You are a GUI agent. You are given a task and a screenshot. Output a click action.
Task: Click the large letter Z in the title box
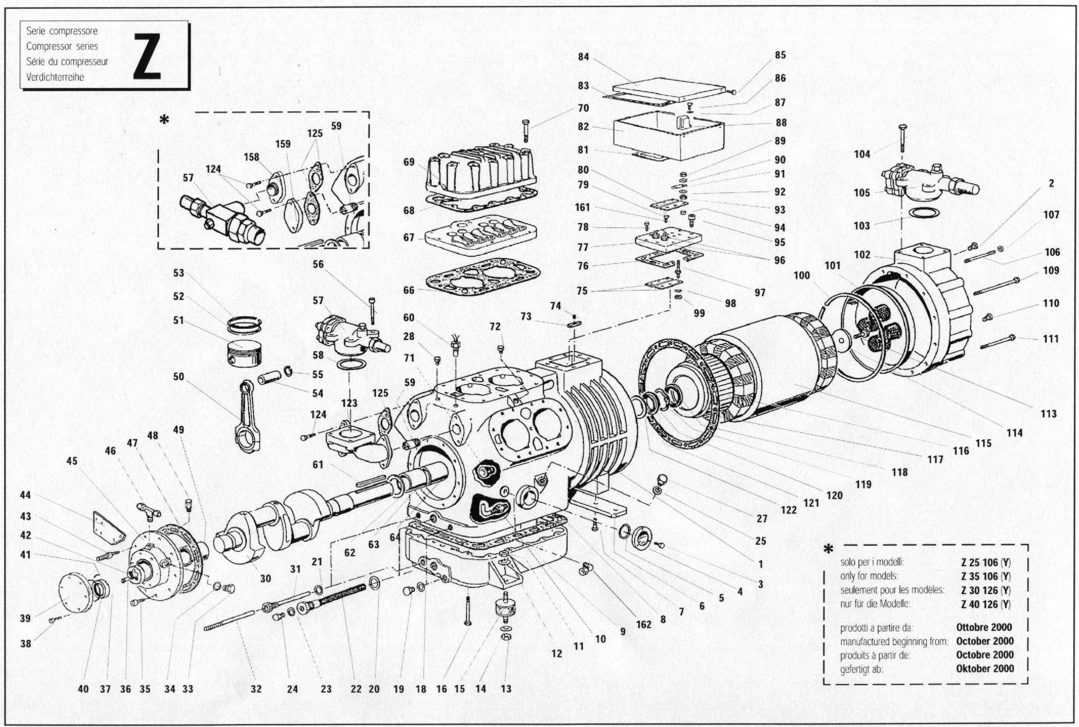(147, 56)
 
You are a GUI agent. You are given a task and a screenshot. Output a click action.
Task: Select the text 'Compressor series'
(62, 46)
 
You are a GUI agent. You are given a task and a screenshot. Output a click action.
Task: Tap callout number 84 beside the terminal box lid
(583, 57)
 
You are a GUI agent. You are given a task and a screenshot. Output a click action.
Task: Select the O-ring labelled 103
(924, 212)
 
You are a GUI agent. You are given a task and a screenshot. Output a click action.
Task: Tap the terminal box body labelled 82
(668, 135)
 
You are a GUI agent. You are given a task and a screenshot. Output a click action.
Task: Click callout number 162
(643, 625)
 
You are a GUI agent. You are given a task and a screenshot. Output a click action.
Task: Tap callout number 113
(1048, 413)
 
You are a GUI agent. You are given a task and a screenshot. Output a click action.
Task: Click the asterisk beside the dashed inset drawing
(164, 120)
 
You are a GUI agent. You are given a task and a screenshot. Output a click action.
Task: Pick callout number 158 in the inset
(251, 157)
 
